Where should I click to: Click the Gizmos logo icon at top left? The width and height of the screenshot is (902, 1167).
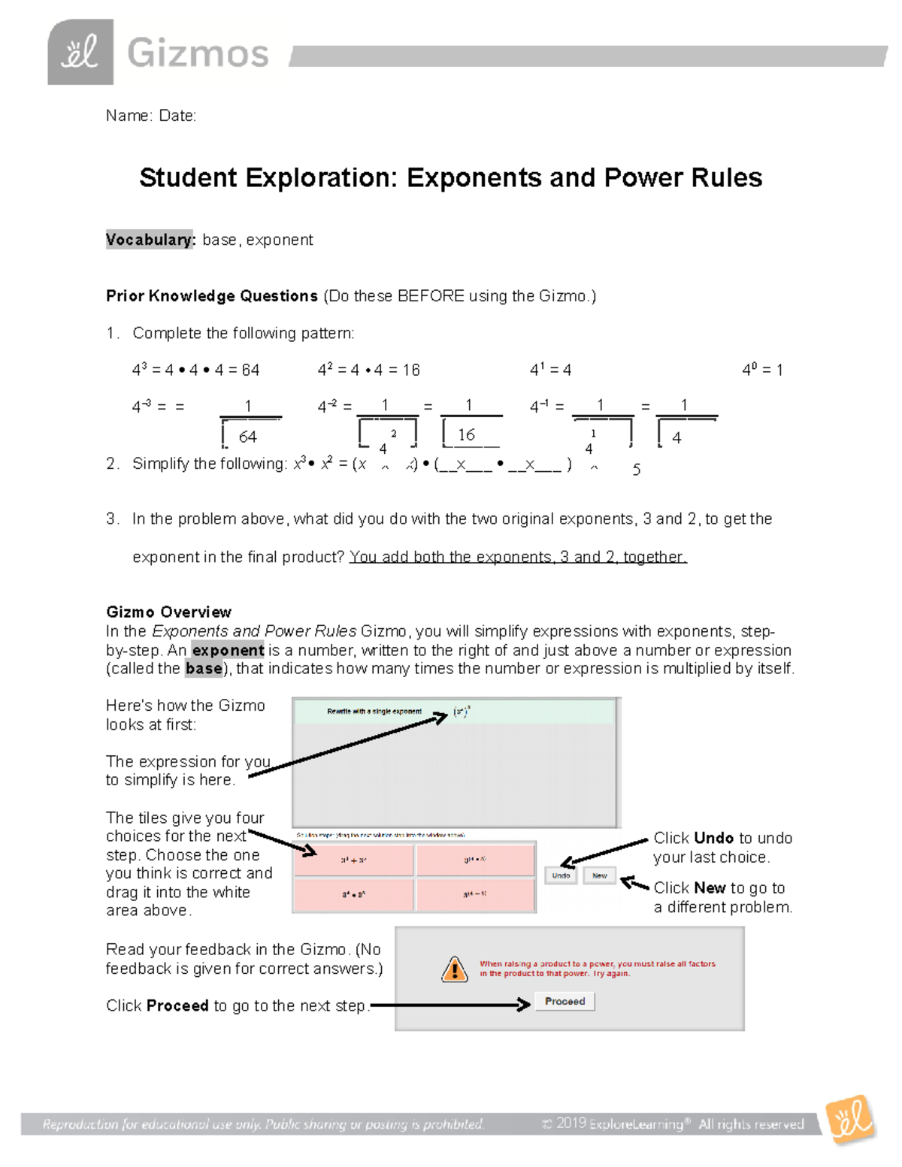click(x=80, y=52)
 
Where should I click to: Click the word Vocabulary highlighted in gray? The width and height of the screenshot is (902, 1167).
click(x=150, y=240)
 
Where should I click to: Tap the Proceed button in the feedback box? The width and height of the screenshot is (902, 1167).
click(x=565, y=1002)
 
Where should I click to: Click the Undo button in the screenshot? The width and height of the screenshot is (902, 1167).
click(x=561, y=875)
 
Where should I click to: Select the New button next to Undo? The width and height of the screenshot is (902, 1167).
click(x=599, y=875)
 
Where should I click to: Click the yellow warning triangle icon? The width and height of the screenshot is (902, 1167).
click(x=454, y=969)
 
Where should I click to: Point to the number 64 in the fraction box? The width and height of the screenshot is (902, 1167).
click(x=247, y=437)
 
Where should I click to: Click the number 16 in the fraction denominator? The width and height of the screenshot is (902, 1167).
click(x=466, y=435)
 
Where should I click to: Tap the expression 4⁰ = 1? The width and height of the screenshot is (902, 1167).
click(x=762, y=370)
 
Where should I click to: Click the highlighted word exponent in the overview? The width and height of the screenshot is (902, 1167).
click(x=228, y=650)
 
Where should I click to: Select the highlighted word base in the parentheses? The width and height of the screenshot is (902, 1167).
click(x=204, y=668)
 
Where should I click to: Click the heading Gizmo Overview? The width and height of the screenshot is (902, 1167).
click(x=168, y=612)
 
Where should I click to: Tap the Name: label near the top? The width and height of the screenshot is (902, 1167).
click(x=129, y=116)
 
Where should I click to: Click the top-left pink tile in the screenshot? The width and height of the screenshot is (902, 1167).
click(x=353, y=860)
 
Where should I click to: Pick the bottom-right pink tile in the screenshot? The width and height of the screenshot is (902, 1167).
click(x=475, y=894)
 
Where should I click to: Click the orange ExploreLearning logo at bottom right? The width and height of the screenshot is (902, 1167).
click(x=850, y=1120)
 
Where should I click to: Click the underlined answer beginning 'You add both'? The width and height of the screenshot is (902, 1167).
click(x=518, y=557)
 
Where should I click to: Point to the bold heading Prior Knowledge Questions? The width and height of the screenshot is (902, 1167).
click(x=211, y=296)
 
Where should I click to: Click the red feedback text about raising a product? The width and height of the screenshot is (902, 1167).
click(x=597, y=969)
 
